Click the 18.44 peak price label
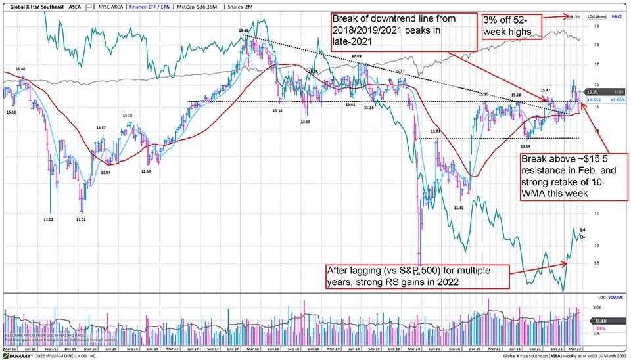pyautogui.click(x=244, y=30)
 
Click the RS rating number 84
pyautogui.click(x=582, y=230)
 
